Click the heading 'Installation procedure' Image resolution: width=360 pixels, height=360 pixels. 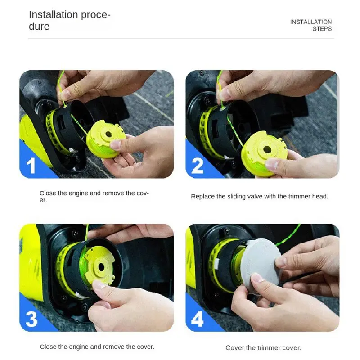tap(69, 20)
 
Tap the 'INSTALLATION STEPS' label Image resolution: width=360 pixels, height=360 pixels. tap(310, 25)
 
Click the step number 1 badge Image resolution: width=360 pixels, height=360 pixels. tap(31, 166)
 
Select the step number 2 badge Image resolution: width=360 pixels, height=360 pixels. tap(197, 166)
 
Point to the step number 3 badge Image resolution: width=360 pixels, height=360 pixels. tap(31, 319)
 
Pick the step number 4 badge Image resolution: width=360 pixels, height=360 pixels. tap(198, 319)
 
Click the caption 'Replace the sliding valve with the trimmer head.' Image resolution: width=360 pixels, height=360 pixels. tap(259, 197)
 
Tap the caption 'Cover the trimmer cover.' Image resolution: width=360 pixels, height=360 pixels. tap(263, 347)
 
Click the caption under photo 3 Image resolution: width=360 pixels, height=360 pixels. tap(97, 346)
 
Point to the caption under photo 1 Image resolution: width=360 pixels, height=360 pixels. tap(94, 196)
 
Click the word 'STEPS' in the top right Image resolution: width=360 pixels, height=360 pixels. tap(322, 29)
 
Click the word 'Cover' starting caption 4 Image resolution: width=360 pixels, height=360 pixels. tap(234, 347)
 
